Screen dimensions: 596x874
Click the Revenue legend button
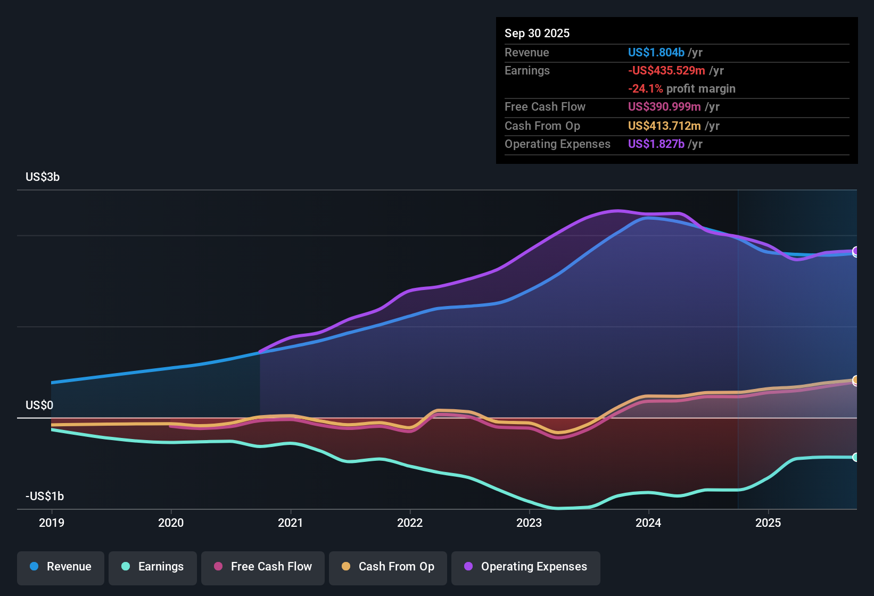pyautogui.click(x=61, y=567)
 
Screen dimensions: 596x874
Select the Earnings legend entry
pyautogui.click(x=153, y=567)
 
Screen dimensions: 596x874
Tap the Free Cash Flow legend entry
pyautogui.click(x=263, y=567)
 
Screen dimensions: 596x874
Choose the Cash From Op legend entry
pyautogui.click(x=388, y=567)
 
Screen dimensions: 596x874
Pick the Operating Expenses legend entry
pyautogui.click(x=526, y=567)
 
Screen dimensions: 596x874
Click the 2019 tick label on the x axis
pyautogui.click(x=52, y=523)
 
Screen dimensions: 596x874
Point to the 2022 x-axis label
pyautogui.click(x=410, y=523)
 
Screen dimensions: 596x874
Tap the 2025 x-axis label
pyautogui.click(x=768, y=523)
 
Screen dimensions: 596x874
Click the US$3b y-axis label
pyautogui.click(x=43, y=177)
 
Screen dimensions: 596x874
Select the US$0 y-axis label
pyautogui.click(x=39, y=405)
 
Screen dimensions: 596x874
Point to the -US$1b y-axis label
pyautogui.click(x=45, y=496)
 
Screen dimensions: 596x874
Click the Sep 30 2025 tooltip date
pyautogui.click(x=537, y=34)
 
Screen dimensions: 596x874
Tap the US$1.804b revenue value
pyautogui.click(x=656, y=53)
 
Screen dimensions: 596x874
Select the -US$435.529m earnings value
pyautogui.click(x=666, y=71)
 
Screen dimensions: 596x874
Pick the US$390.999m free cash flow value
pyautogui.click(x=664, y=107)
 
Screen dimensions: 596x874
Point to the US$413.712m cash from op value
pyautogui.click(x=664, y=126)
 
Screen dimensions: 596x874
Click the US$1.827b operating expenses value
pyautogui.click(x=656, y=144)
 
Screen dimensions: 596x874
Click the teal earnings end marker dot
pyautogui.click(x=855, y=457)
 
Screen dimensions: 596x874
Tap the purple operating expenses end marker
pyautogui.click(x=855, y=251)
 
